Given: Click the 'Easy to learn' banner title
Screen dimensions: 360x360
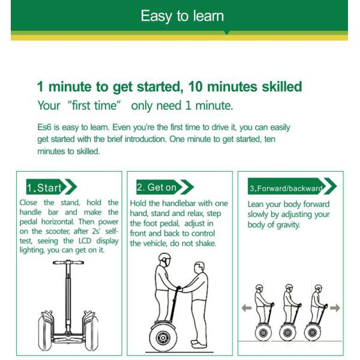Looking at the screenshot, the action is click(x=182, y=16).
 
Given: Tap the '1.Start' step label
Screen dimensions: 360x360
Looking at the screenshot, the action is click(x=44, y=188).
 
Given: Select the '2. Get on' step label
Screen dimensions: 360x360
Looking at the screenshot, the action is click(x=157, y=187).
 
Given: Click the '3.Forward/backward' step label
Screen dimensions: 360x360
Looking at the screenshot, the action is click(x=286, y=188).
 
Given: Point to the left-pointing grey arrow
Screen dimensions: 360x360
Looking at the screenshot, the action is click(x=247, y=308).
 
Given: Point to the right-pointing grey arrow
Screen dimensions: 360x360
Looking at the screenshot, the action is click(x=335, y=308).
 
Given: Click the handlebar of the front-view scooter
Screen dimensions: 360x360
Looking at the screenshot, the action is click(x=68, y=262).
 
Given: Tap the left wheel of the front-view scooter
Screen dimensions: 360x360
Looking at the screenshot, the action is click(x=46, y=331).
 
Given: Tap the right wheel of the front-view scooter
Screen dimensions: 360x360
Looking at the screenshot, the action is click(x=91, y=331).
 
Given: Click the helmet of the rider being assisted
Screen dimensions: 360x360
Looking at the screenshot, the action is click(x=164, y=257).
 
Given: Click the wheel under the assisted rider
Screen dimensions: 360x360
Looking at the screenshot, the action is click(x=163, y=337).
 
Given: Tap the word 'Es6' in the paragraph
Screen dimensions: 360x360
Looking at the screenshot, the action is click(x=44, y=127).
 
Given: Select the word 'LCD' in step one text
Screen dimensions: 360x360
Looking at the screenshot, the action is click(x=85, y=241).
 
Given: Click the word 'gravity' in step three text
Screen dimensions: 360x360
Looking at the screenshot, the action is click(x=288, y=225).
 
